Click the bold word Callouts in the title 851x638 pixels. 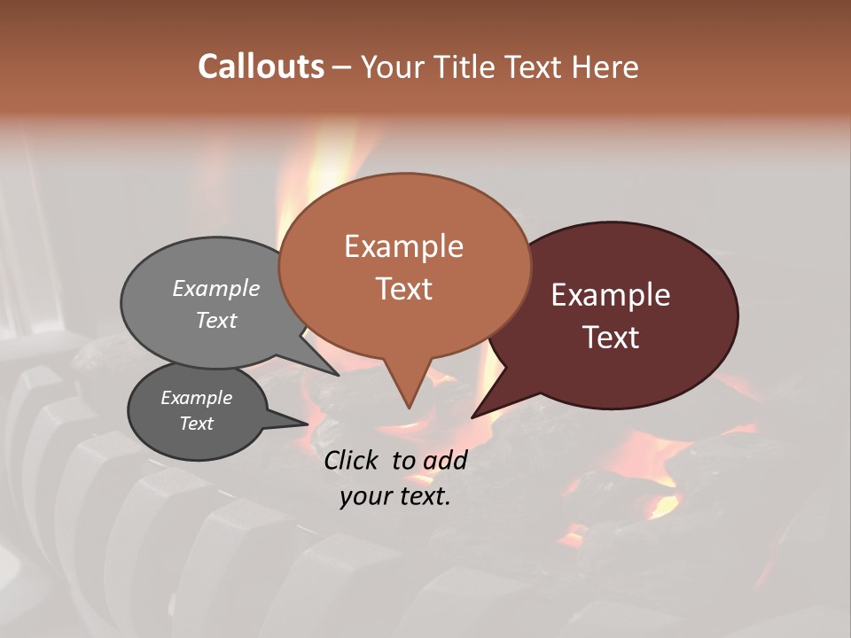pos(261,66)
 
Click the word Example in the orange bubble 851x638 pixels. pos(403,246)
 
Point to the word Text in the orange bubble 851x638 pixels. pos(403,289)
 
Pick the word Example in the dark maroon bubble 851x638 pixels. pos(611,295)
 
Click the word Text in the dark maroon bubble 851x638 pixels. pos(611,338)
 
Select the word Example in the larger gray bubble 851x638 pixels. pos(216,289)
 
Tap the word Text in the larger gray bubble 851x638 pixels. pos(216,320)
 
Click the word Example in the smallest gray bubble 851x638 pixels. pos(196,398)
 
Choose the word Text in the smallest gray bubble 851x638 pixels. pos(196,424)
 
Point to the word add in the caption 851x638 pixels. pos(445,460)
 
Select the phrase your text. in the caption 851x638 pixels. pos(394,496)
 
